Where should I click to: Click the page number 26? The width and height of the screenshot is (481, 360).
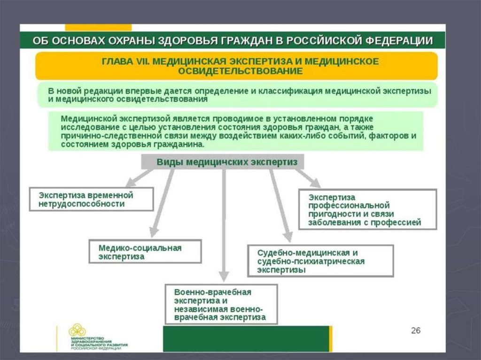(415, 330)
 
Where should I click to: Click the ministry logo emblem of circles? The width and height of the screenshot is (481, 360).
(78, 330)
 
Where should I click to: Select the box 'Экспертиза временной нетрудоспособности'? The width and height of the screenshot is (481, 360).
(91, 199)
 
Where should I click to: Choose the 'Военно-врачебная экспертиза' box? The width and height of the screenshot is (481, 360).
(221, 304)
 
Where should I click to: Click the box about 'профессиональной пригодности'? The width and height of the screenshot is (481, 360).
(367, 209)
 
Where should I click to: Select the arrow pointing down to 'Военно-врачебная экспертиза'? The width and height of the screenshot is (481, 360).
(224, 225)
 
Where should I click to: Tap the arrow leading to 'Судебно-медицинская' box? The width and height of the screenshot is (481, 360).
(279, 207)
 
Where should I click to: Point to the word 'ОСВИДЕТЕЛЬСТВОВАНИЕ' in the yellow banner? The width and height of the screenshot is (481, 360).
(240, 71)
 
